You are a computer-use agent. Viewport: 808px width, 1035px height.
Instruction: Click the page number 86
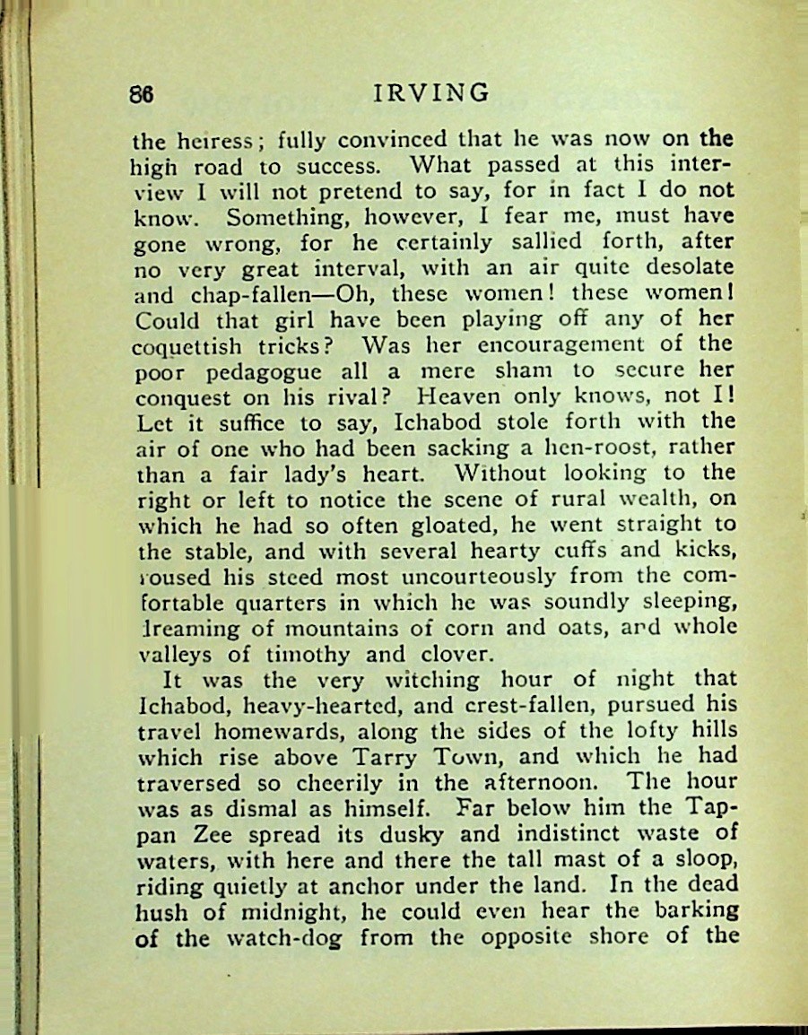(x=143, y=94)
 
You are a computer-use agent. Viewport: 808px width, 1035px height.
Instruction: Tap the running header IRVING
(x=431, y=93)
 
